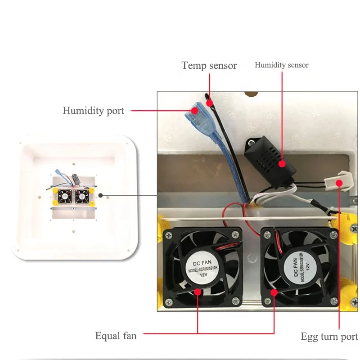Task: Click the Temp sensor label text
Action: click(209, 66)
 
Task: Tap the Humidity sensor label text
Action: click(282, 65)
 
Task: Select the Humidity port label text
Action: click(93, 111)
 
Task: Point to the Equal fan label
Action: click(116, 335)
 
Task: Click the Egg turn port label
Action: click(329, 337)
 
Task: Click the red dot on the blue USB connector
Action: click(194, 110)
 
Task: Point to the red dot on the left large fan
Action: click(198, 291)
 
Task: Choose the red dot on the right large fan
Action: click(273, 292)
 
